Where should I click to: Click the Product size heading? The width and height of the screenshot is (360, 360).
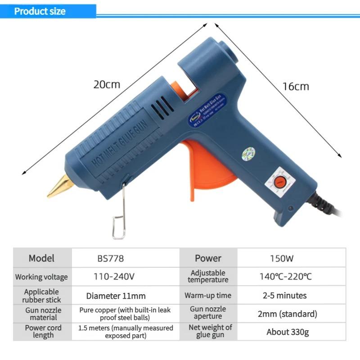pos(40,11)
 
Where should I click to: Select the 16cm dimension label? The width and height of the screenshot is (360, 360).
pos(296,86)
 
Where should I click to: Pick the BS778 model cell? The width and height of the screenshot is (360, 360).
pos(110,258)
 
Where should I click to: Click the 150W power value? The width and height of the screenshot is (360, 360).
pos(282,258)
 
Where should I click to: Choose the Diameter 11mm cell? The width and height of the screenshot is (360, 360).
pos(116,296)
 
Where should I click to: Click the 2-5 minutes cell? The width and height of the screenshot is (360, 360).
pos(284,296)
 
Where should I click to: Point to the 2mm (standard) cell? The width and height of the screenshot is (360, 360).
pos(287,314)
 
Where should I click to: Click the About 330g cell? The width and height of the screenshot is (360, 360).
pos(287,332)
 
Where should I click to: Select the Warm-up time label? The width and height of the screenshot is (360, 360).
pos(208,296)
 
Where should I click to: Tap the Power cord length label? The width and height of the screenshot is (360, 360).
pos(43,332)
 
